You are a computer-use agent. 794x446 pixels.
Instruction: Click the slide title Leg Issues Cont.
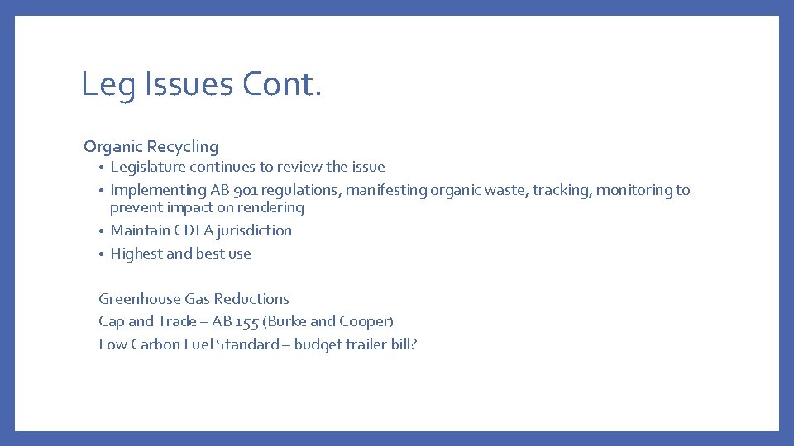point(201,84)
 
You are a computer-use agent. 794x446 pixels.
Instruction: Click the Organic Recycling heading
point(151,147)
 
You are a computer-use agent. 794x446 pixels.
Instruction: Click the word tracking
point(562,190)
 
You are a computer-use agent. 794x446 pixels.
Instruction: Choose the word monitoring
point(634,190)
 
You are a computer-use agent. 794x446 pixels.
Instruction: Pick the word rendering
point(271,208)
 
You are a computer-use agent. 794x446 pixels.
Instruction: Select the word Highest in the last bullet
point(136,254)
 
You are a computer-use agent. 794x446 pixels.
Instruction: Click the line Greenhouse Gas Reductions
point(194,299)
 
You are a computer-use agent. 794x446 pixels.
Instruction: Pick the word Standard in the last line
point(247,344)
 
